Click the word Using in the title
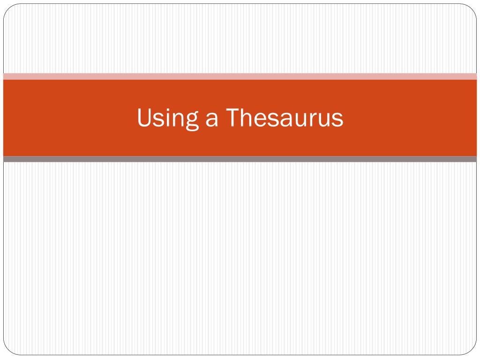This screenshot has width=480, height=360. coord(167,118)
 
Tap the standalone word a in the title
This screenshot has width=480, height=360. coord(211,120)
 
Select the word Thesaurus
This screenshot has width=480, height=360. coord(285,118)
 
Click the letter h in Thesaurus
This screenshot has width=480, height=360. coord(247,118)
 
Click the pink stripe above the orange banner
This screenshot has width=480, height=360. coord(240,76)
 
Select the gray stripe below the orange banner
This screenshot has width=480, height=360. coord(240,159)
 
